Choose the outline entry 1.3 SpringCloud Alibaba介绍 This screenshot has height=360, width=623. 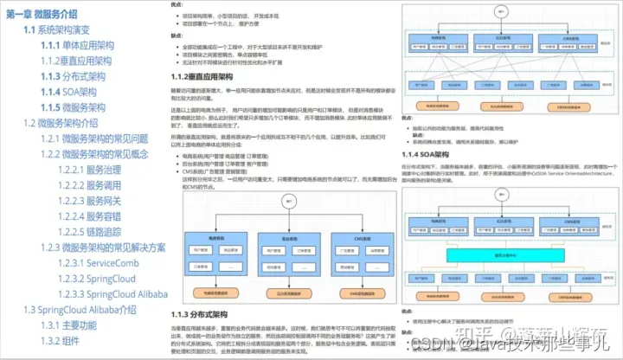pos(80,310)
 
